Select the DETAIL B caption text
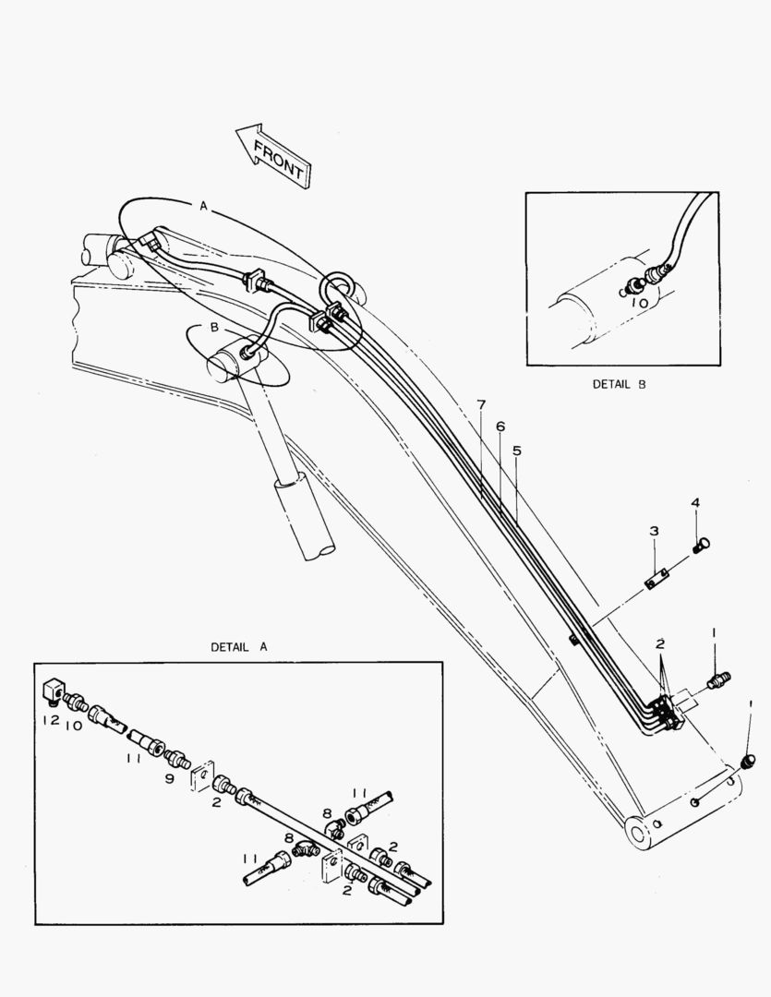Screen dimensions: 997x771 (x=619, y=384)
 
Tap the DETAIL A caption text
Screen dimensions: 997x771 (x=239, y=647)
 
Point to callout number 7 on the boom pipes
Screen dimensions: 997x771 (x=481, y=404)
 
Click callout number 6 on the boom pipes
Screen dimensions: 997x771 (x=500, y=426)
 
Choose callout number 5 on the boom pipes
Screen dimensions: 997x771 (x=517, y=450)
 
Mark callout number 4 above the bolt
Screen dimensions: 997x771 (x=696, y=502)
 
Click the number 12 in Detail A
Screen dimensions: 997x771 (x=50, y=719)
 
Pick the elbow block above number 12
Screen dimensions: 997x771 (x=53, y=690)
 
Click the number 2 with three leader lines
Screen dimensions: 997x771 (x=660, y=643)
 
